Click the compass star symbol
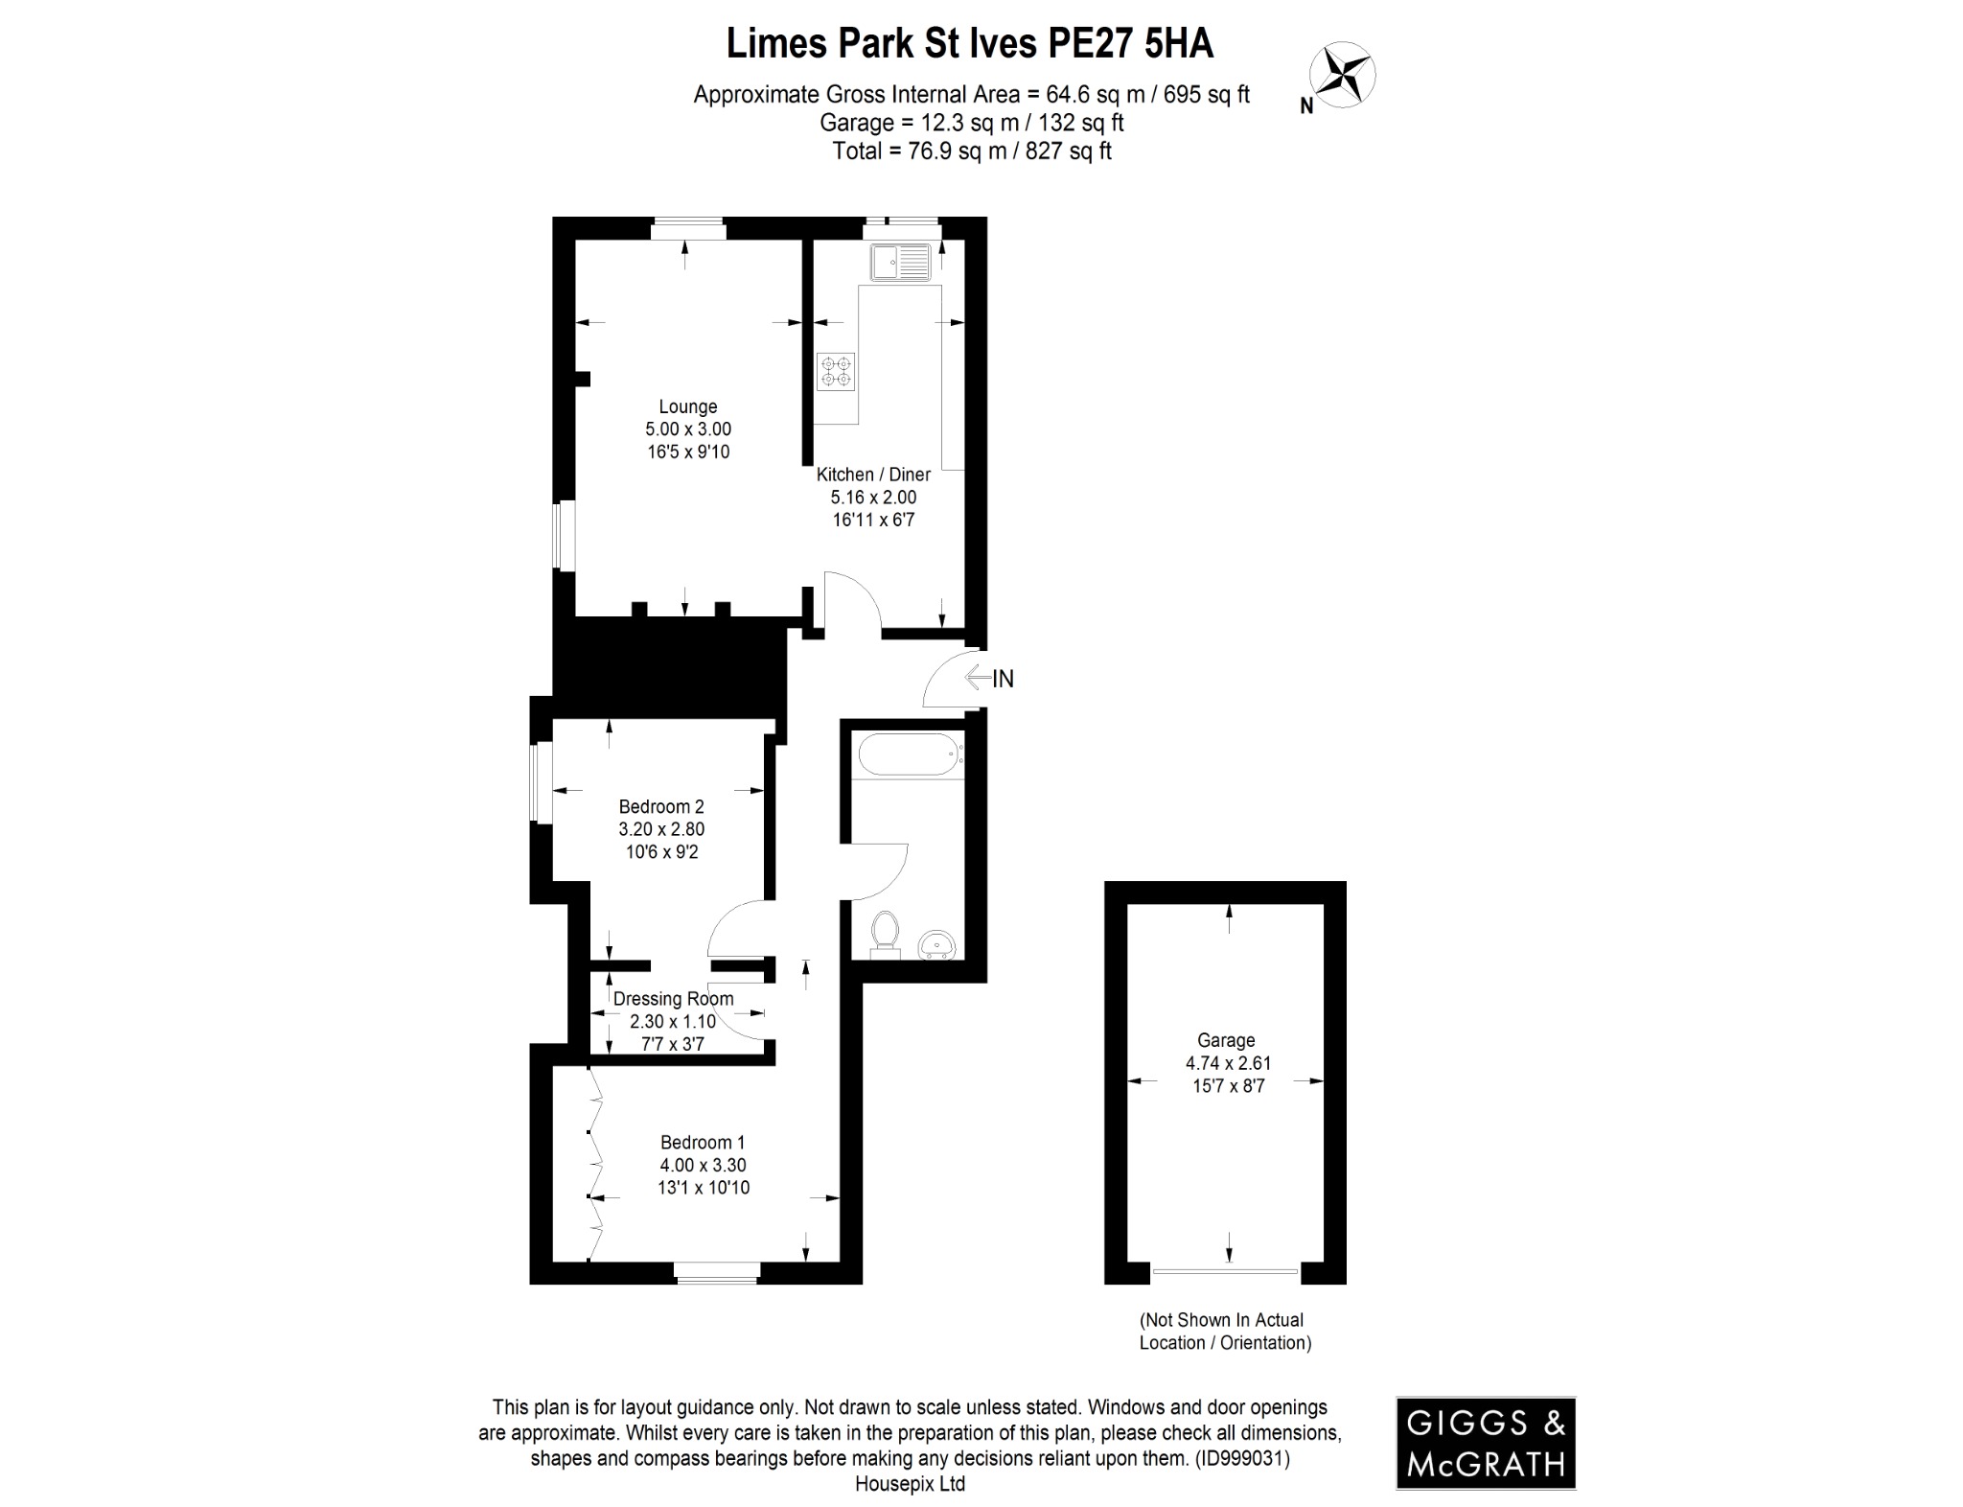click(x=1344, y=75)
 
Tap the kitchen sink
click(x=900, y=263)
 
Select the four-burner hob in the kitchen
click(x=836, y=372)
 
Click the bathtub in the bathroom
click(x=911, y=754)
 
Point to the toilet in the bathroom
click(x=885, y=934)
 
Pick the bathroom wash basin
click(x=936, y=945)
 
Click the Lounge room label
click(x=687, y=406)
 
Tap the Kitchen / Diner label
click(x=873, y=475)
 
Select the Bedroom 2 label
click(x=661, y=806)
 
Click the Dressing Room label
click(x=673, y=999)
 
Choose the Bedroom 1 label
click(x=703, y=1143)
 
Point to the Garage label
click(x=1226, y=1040)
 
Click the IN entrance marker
click(x=1002, y=679)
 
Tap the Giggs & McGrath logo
click(x=1485, y=1442)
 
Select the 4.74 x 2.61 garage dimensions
click(x=1228, y=1063)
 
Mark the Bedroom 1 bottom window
click(x=716, y=1273)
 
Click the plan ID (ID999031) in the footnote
click(x=1241, y=1458)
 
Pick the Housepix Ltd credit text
click(x=910, y=1484)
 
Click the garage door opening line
click(x=1225, y=1271)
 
